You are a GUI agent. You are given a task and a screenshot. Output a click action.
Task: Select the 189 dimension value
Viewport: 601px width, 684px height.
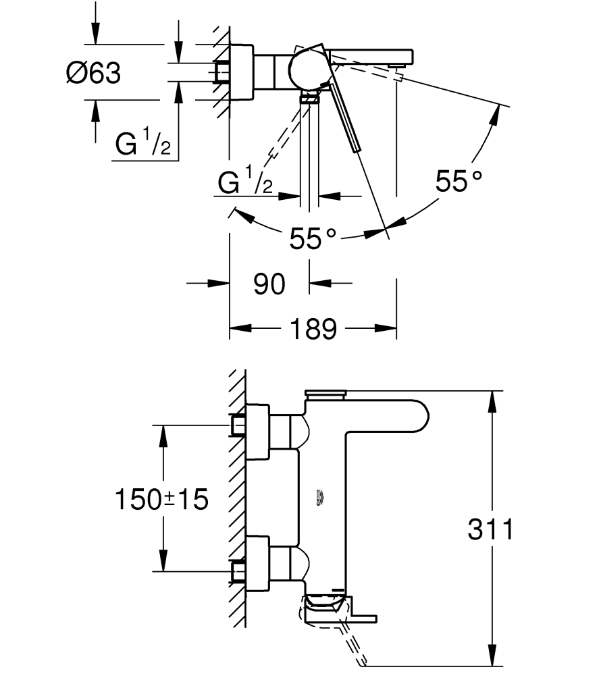(x=313, y=330)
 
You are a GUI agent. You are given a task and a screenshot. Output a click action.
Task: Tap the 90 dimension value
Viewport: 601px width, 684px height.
(x=269, y=284)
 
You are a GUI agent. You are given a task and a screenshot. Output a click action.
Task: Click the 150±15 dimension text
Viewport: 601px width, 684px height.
(x=161, y=500)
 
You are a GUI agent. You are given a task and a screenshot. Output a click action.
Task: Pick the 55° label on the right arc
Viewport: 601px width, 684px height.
(x=459, y=181)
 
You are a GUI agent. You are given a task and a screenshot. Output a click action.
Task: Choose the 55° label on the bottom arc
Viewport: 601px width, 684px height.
(x=313, y=238)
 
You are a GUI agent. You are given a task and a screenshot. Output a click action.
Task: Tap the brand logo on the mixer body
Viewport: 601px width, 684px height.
(x=321, y=498)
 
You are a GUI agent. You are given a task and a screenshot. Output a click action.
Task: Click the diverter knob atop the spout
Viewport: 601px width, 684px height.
(x=325, y=393)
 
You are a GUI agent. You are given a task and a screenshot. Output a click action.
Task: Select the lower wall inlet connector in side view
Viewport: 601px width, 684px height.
(x=238, y=571)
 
